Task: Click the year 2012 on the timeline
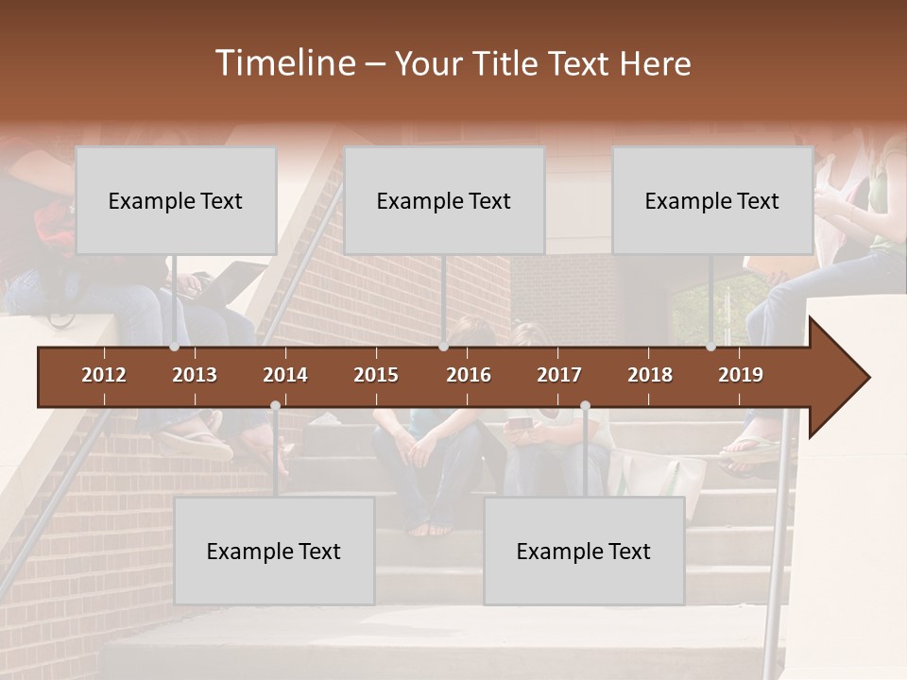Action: coord(104,375)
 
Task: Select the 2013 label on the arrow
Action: coord(195,375)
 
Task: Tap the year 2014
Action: coord(285,375)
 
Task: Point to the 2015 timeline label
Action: coord(376,375)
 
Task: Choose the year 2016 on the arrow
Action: coord(469,375)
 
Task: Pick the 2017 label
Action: coord(559,375)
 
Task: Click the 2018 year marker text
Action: coord(650,375)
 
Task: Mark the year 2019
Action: coord(741,375)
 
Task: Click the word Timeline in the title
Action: coord(284,63)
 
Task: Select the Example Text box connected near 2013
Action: coord(176,200)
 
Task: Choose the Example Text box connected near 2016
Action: coord(444,200)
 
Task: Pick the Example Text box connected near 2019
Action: coord(712,200)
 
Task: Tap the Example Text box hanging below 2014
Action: coord(274,551)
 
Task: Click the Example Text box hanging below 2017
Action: coord(584,551)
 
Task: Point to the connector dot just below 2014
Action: coord(275,406)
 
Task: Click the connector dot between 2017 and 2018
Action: coord(585,406)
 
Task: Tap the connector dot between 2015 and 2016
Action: coord(443,347)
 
